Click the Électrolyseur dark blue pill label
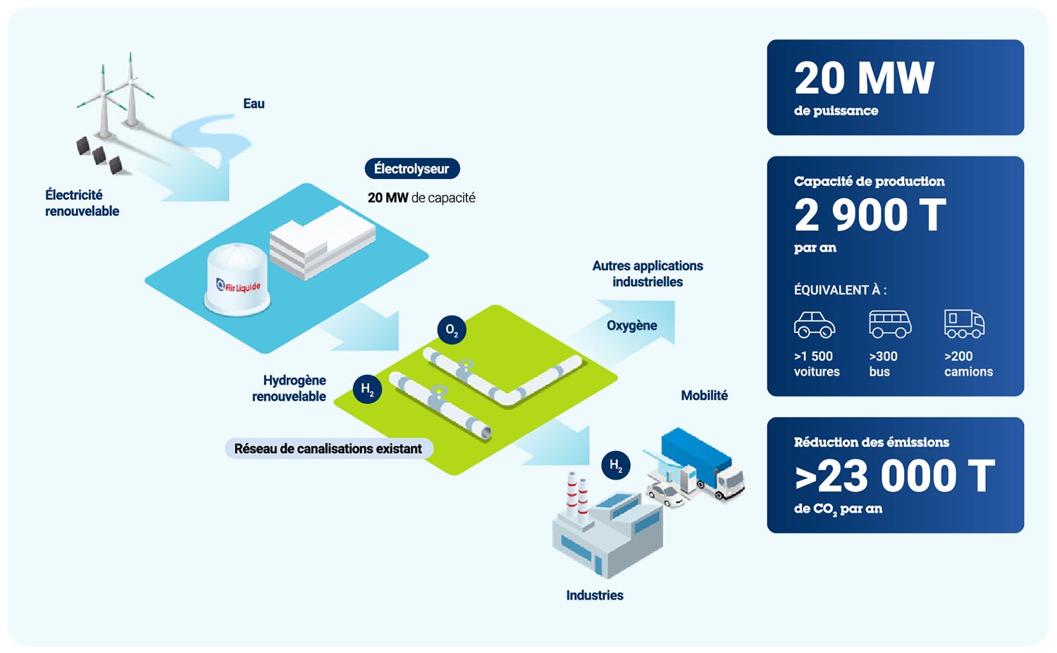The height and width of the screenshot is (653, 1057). click(x=412, y=169)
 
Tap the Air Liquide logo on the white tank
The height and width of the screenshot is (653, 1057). click(x=238, y=286)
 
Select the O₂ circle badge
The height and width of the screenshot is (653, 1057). click(x=452, y=330)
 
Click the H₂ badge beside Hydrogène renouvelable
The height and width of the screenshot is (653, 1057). click(x=367, y=389)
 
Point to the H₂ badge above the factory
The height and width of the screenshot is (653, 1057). click(x=615, y=465)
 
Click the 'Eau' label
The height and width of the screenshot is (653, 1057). click(x=254, y=104)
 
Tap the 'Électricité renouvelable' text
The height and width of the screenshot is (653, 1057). click(x=82, y=203)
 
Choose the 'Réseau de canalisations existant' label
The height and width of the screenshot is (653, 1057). click(x=328, y=449)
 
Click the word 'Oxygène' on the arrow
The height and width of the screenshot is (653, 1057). click(x=631, y=325)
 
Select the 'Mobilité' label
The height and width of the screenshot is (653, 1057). click(x=704, y=396)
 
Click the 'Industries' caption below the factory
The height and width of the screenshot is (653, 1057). click(x=594, y=595)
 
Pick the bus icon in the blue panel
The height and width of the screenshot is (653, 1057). click(x=889, y=324)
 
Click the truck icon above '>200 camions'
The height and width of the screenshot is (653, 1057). click(x=964, y=324)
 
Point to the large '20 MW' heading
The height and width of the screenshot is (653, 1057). click(x=864, y=78)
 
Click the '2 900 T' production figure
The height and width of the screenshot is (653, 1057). click(x=870, y=215)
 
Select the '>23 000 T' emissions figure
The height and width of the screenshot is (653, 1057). click(x=894, y=476)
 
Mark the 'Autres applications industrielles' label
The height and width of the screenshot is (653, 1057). click(x=648, y=273)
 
